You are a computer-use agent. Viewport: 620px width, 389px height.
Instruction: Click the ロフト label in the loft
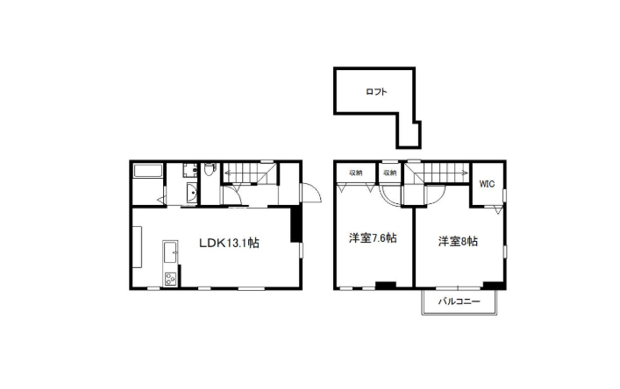(376, 92)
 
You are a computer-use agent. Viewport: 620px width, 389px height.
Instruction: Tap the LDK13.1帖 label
(229, 243)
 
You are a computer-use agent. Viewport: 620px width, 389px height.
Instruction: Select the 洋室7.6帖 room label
(373, 238)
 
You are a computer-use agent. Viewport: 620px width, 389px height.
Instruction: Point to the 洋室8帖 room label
(458, 241)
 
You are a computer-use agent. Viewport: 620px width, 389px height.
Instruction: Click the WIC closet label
(487, 184)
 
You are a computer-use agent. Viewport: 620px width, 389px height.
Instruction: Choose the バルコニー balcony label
(459, 301)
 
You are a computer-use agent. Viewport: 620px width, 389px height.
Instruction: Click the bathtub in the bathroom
(148, 171)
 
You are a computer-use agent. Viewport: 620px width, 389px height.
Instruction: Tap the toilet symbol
(210, 170)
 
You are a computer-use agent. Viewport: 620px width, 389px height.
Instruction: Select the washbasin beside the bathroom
(192, 194)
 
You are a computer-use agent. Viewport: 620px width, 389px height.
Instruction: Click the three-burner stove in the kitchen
(170, 279)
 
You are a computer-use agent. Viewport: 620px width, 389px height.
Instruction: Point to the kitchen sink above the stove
(170, 251)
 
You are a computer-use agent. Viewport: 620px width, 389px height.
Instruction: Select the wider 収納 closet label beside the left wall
(355, 173)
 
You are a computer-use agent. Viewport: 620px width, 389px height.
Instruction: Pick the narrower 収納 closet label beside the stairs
(390, 173)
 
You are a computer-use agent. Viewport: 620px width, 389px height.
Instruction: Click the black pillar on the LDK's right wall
(296, 223)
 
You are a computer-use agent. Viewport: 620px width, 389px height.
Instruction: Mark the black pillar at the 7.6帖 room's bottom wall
(386, 285)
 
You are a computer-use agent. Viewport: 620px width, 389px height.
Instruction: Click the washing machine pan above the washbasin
(190, 170)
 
